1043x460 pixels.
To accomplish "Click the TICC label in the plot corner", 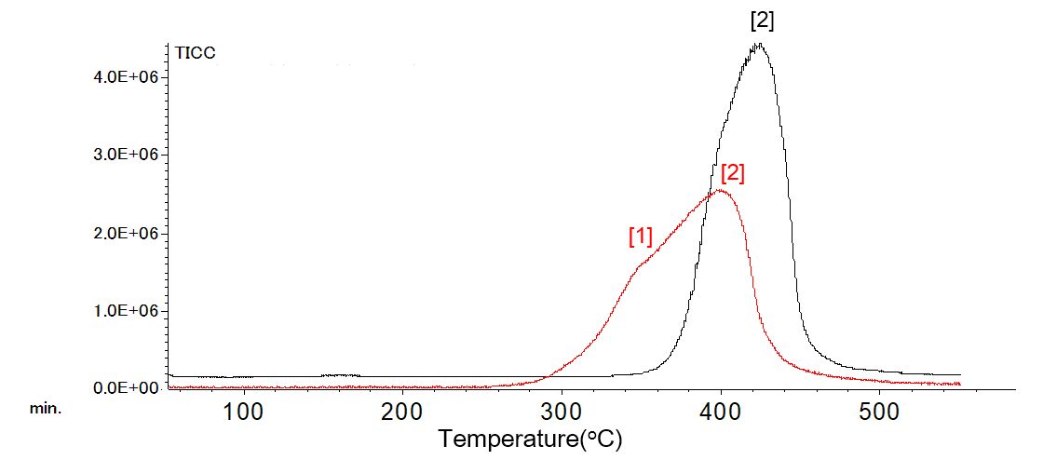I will [196, 53].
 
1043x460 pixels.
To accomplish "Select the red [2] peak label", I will [733, 172].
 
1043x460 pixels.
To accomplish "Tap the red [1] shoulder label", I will [641, 237].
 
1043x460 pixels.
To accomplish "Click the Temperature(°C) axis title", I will [530, 438].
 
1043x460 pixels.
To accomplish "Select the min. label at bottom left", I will [47, 408].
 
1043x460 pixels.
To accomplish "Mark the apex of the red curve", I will [719, 190].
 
